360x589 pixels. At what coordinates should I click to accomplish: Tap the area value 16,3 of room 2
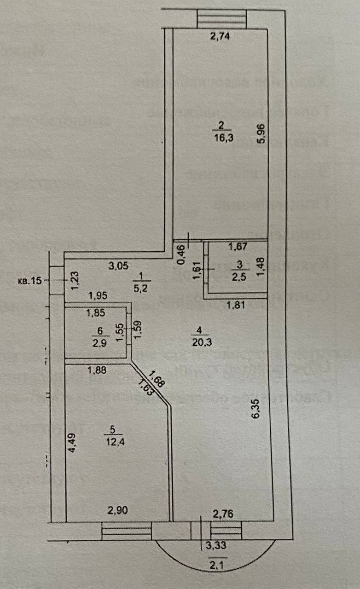pyautogui.click(x=221, y=137)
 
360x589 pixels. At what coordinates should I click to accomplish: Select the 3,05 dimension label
pyautogui.click(x=118, y=266)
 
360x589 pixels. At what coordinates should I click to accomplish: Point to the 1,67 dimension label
pyautogui.click(x=238, y=247)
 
